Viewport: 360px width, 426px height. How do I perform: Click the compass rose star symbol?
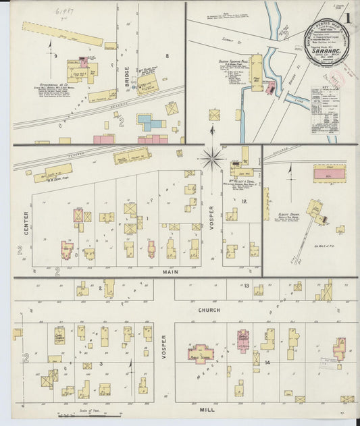pos(211,159)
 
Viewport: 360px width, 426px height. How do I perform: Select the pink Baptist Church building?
pos(242,340)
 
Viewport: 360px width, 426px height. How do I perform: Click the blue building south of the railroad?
pos(151,122)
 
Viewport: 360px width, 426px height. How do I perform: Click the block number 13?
pos(248,286)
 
